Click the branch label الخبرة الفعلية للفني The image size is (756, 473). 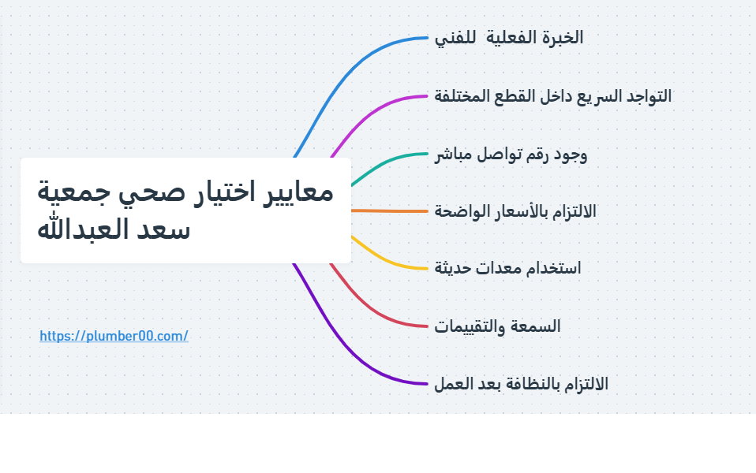[509, 38]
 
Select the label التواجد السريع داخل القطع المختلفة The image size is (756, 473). [553, 96]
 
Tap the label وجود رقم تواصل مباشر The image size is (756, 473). [511, 154]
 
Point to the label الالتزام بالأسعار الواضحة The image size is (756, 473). [515, 211]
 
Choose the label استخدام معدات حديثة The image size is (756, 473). [507, 268]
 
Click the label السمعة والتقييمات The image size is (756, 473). [497, 326]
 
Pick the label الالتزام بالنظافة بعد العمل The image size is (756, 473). [521, 384]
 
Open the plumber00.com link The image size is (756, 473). [114, 336]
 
